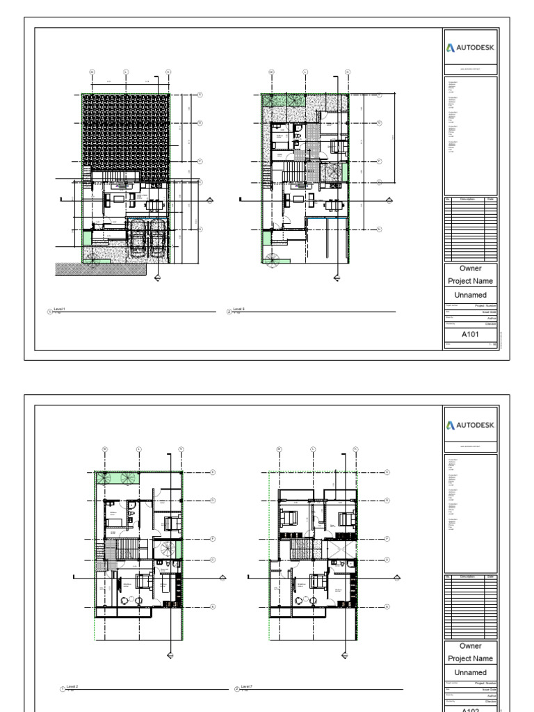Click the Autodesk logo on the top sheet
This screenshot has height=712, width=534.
coord(470,47)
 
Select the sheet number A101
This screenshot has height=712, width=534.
coord(470,334)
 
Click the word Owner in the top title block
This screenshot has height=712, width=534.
coord(470,268)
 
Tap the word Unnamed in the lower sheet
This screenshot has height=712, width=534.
coord(470,672)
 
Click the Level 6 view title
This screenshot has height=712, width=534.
coord(238,309)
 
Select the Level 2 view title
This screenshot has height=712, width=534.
coord(71,686)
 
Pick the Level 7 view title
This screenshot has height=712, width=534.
coord(246,686)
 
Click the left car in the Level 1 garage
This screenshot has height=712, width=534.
coord(137,241)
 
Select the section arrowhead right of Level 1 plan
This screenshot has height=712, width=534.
coord(211,200)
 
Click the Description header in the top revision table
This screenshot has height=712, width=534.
coord(467,200)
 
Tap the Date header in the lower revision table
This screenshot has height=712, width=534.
coord(490,576)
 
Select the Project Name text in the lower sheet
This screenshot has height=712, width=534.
coord(470,658)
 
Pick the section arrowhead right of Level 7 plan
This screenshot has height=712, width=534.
coord(397,577)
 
